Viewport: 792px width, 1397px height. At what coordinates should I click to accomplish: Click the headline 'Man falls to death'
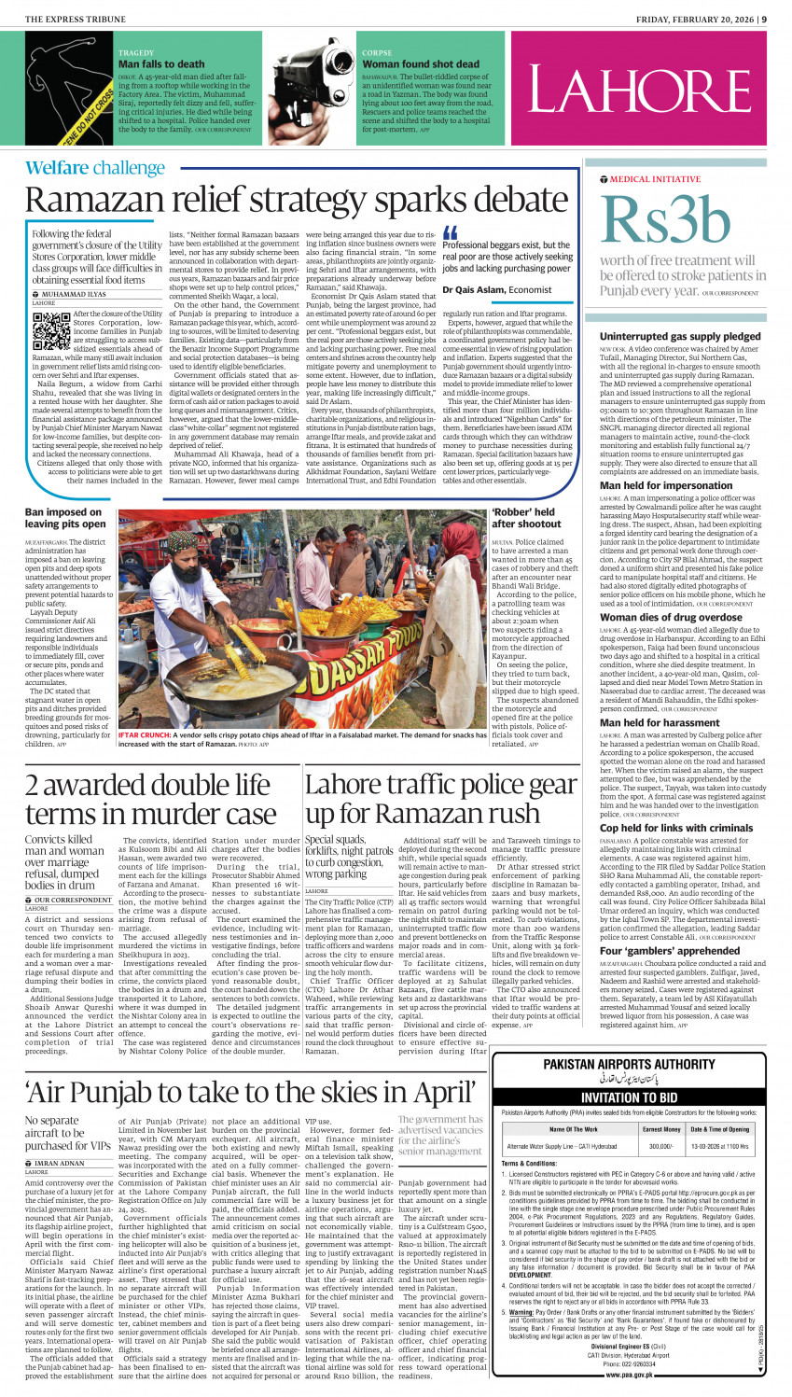tap(161, 64)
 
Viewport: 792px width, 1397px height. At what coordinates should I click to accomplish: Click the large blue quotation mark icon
tap(452, 233)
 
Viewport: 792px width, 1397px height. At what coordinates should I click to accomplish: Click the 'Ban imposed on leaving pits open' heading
tap(64, 518)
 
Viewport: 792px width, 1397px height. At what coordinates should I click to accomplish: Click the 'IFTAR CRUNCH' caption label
tap(144, 735)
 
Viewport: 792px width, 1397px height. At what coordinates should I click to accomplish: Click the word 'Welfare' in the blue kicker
tap(56, 168)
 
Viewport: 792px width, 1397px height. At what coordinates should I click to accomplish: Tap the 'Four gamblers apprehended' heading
tap(657, 951)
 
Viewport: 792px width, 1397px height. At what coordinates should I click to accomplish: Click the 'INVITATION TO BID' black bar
tap(635, 1097)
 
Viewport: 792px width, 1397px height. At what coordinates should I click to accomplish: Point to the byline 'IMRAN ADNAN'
tap(60, 1163)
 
